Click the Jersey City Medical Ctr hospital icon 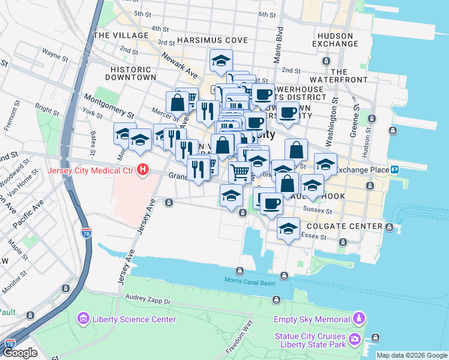(143, 170)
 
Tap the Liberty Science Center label (134, 319)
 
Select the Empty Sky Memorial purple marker (359, 318)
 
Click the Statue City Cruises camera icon (355, 340)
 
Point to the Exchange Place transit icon (395, 169)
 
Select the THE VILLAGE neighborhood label (121, 35)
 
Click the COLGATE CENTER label (344, 226)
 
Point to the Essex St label (313, 236)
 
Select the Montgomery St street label (109, 104)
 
